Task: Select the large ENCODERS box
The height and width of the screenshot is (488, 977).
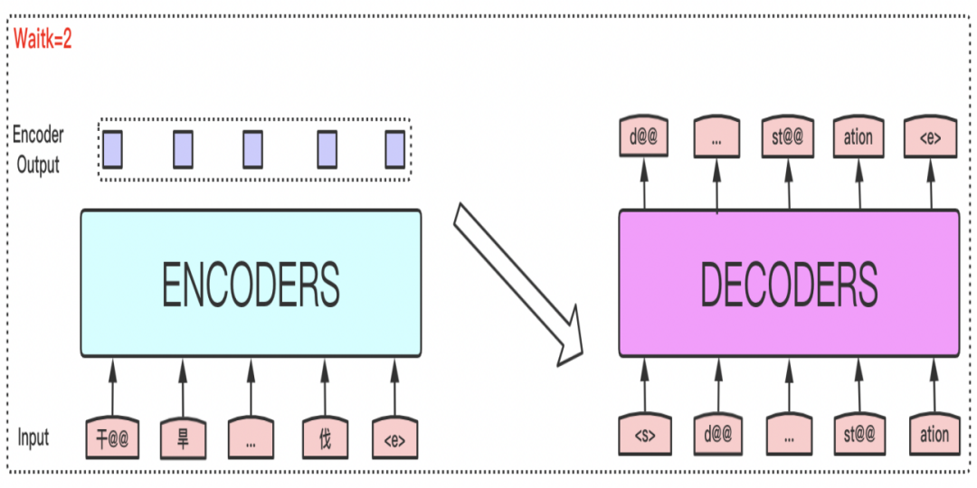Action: (251, 283)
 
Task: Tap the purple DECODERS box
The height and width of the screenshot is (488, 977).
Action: (788, 283)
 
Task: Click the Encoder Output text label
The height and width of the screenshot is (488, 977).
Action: (37, 150)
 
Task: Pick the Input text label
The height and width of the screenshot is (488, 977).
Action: (33, 437)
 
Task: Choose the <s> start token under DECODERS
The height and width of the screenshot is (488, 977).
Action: (644, 435)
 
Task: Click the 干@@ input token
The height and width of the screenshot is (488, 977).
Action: (112, 437)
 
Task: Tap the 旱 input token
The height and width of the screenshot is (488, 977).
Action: (184, 437)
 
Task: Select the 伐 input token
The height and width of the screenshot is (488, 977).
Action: (325, 437)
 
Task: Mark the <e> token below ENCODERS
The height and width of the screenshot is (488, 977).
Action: (395, 437)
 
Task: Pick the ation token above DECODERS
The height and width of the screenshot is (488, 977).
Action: (858, 138)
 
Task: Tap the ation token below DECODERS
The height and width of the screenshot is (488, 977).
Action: (934, 435)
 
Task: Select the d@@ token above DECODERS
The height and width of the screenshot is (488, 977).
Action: (644, 138)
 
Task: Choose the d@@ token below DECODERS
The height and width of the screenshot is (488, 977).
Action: (716, 435)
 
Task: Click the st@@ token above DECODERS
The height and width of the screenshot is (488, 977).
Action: (787, 138)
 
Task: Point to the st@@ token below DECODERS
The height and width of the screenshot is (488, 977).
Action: (860, 435)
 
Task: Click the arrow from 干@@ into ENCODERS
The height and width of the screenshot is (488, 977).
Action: (113, 386)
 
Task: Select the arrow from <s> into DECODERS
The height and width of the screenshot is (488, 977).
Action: (644, 384)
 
